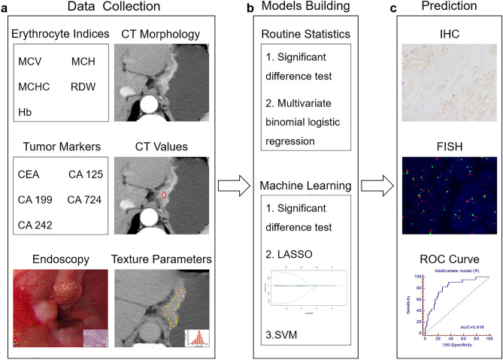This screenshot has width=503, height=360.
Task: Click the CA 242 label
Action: (x=35, y=224)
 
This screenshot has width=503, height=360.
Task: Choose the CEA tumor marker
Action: (x=30, y=174)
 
